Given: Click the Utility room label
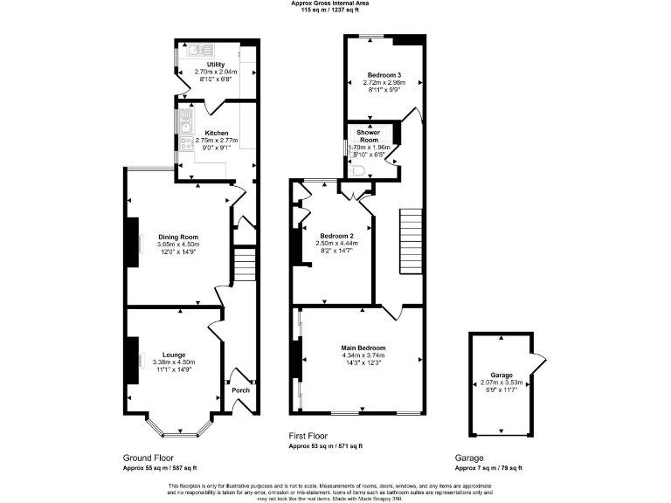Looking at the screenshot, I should [215, 65].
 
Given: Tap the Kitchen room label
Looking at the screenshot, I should [216, 133].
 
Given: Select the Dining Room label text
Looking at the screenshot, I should [178, 237].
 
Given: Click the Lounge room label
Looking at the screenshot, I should [173, 354].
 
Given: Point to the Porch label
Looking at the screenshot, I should [241, 389].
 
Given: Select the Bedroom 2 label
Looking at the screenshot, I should [335, 237].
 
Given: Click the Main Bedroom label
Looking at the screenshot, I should [363, 348].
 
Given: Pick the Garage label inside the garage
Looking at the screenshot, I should [502, 374].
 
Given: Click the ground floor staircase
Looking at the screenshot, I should [244, 267].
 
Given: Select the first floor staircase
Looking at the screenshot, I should [410, 241].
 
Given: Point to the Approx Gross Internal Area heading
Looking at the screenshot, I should [335, 3].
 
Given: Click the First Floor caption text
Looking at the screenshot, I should [310, 434].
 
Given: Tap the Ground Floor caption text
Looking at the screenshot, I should [148, 458].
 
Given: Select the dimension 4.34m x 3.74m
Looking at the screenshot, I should [363, 355].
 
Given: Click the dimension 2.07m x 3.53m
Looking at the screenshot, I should [502, 382].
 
